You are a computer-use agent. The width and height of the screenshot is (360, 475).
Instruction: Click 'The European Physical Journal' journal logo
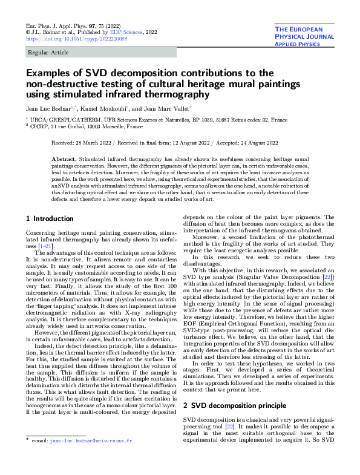[x=299, y=36]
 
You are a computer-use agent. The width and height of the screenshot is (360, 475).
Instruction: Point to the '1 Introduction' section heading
[x=52, y=218]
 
